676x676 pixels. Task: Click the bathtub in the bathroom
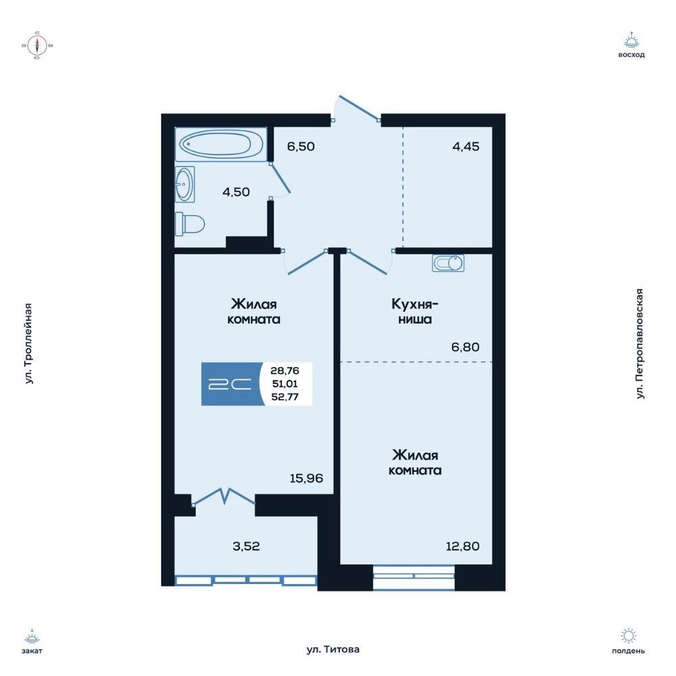click(x=221, y=145)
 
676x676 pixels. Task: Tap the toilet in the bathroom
click(x=190, y=224)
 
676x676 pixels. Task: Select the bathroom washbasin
click(x=185, y=184)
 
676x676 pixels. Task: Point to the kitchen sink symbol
click(x=448, y=263)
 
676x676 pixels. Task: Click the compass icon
click(x=37, y=45)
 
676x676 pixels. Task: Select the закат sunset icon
click(x=32, y=636)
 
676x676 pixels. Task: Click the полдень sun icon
click(x=628, y=636)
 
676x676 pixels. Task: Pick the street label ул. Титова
click(x=333, y=649)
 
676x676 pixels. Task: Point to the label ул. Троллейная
click(x=28, y=343)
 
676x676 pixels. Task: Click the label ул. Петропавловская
click(x=640, y=343)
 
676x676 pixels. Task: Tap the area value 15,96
click(x=306, y=478)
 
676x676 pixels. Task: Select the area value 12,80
click(x=462, y=546)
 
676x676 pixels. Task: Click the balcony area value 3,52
click(x=246, y=546)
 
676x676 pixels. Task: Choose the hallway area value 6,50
click(x=301, y=146)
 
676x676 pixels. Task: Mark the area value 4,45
click(x=466, y=147)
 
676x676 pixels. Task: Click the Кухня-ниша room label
click(x=415, y=312)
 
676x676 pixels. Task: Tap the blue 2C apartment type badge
click(x=233, y=384)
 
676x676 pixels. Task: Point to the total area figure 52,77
click(x=285, y=397)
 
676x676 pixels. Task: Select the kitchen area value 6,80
click(x=465, y=347)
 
